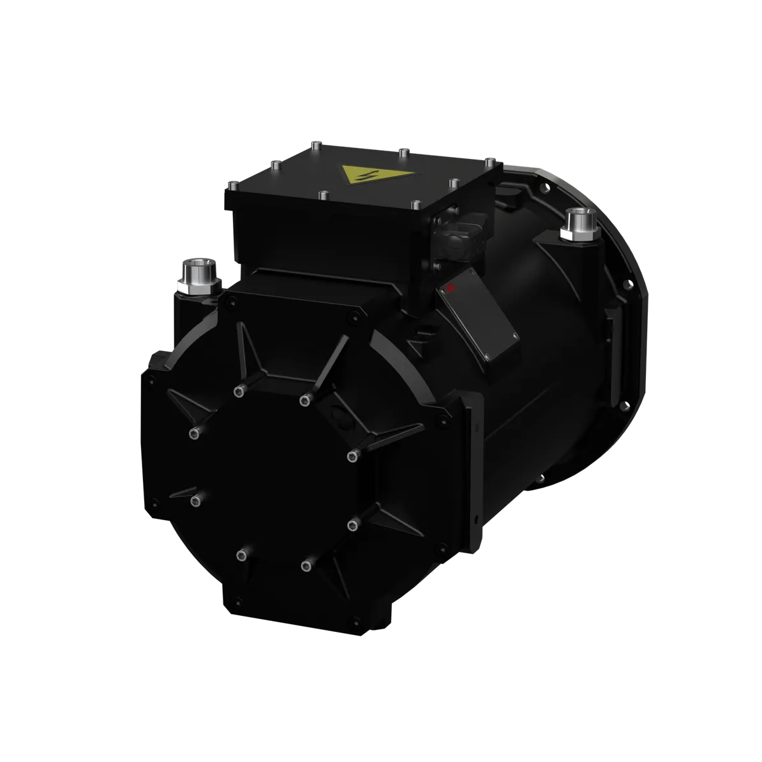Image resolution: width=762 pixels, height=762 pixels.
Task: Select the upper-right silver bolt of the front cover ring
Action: pos(304,400)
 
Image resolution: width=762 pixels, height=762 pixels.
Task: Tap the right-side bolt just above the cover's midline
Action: pos(352,456)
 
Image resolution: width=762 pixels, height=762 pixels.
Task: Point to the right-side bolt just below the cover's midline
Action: pos(352,525)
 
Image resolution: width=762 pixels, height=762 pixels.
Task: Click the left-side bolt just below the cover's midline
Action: pos(193,498)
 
